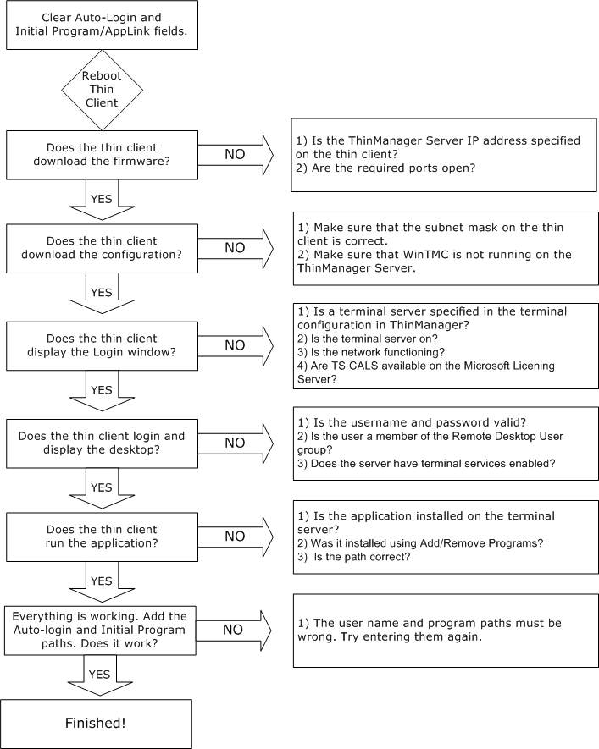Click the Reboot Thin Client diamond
coord(102,90)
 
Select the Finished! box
coord(96,724)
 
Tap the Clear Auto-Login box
coord(102,25)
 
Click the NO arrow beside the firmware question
coord(236,155)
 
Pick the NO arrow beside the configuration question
coord(236,248)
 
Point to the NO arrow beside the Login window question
coord(236,346)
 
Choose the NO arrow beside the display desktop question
coord(236,443)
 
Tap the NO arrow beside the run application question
coord(236,537)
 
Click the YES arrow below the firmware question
coord(102,200)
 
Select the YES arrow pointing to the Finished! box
coord(100,675)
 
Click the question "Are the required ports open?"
coord(385,168)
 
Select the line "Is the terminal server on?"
coord(367,339)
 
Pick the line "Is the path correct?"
coord(354,557)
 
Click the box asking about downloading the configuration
coord(102,248)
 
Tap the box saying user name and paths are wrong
coord(446,631)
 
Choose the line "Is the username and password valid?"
coord(412,423)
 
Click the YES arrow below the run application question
coord(102,581)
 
